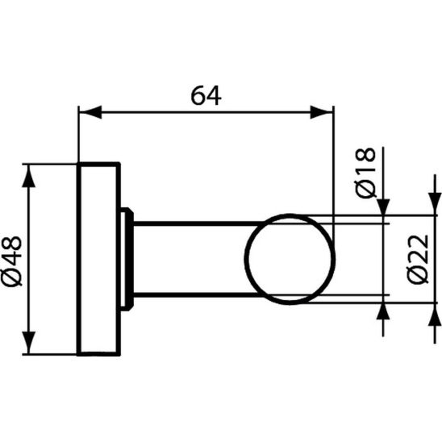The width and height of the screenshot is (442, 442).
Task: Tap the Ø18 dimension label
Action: [x=365, y=171]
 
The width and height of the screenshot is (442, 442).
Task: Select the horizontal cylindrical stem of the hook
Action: [x=190, y=258]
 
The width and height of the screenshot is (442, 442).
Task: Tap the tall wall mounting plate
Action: [x=98, y=258]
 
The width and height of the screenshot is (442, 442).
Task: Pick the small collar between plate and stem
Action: [x=126, y=258]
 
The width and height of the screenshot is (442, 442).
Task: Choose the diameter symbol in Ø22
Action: [x=416, y=277]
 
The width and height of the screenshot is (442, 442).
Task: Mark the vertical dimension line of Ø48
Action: [x=31, y=258]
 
